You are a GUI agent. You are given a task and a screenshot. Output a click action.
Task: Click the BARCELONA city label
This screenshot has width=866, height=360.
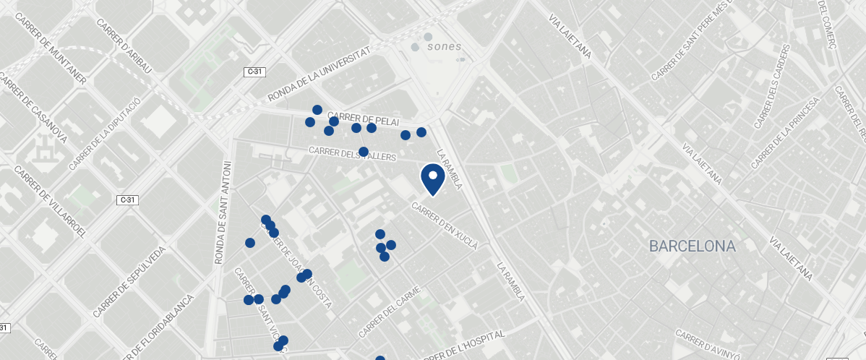pos(692,247)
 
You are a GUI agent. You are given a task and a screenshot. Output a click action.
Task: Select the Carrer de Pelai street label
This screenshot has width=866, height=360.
pos(363,119)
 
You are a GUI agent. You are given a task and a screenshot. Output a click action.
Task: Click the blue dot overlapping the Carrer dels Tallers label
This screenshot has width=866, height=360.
pos(364,152)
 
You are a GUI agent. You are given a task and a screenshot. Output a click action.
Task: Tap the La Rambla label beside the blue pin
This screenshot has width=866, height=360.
pos(450,168)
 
